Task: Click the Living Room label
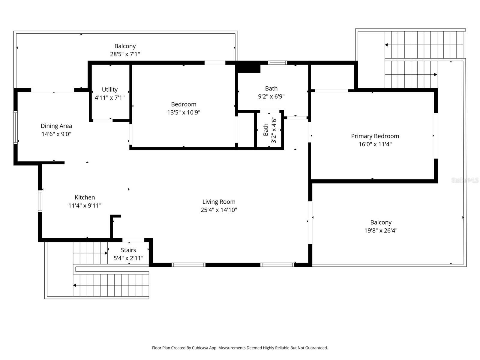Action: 219,202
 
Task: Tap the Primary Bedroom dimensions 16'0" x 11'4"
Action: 375,144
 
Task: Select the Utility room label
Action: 109,90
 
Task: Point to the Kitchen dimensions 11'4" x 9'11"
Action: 85,206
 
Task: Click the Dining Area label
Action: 56,126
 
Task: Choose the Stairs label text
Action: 128,250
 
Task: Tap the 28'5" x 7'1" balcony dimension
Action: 125,54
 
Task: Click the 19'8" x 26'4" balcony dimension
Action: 381,231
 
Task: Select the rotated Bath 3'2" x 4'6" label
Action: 269,130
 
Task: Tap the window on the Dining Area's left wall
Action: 16,127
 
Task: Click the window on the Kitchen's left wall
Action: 40,201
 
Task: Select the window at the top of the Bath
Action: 277,63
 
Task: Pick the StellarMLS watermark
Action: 465,180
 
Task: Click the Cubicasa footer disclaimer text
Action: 240,348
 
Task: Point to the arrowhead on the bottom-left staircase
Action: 75,285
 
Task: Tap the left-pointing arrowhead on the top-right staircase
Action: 386,45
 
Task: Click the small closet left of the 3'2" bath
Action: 246,130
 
